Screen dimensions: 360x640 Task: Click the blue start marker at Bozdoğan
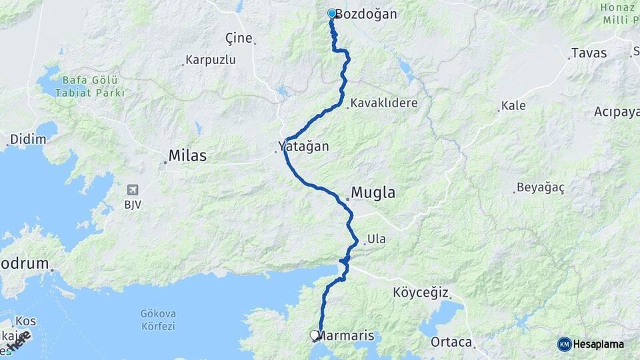pos(331,13)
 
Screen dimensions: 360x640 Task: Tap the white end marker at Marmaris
pos(315,335)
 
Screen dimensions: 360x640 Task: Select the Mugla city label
pos(373,193)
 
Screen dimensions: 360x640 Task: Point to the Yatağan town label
pos(304,146)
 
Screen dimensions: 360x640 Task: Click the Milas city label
pos(187,156)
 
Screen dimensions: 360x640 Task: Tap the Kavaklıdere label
pos(384,103)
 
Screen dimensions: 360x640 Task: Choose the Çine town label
pos(239,38)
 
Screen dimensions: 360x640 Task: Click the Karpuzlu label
pos(211,60)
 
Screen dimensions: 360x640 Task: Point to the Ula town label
pos(376,239)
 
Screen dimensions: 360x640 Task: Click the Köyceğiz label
pos(421,293)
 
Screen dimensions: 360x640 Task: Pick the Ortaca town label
pos(451,342)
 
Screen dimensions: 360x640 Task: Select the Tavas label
pos(589,53)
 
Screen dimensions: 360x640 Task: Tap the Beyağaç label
pos(541,188)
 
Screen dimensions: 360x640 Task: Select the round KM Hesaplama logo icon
pos(564,344)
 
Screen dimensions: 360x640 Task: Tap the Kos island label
pos(25,321)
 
